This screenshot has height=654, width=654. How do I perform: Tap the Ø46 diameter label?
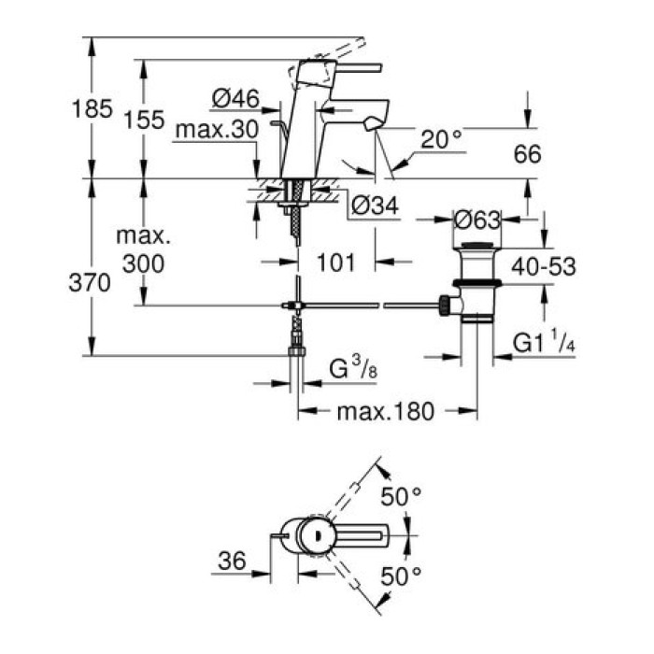click(x=235, y=96)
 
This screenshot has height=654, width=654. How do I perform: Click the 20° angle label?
click(x=441, y=139)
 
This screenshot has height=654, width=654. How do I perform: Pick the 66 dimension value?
click(x=528, y=154)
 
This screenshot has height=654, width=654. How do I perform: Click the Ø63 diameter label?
click(x=476, y=220)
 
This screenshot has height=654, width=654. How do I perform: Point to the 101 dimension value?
click(x=335, y=263)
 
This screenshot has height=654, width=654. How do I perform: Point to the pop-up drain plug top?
click(x=476, y=247)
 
